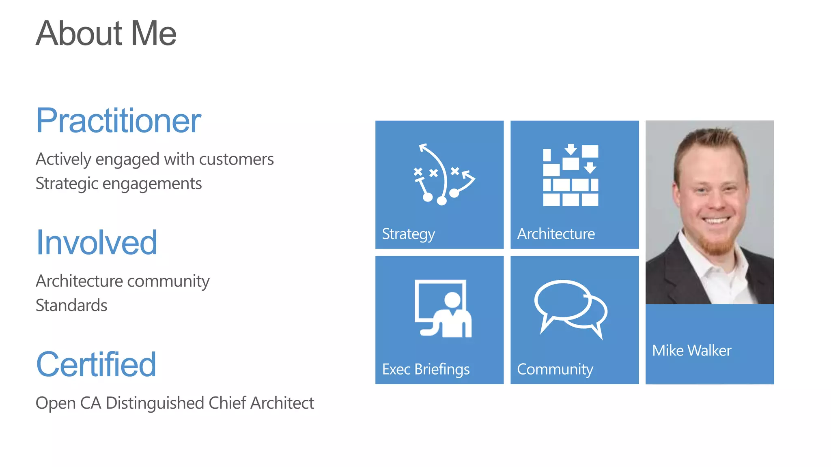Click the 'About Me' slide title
[x=106, y=33]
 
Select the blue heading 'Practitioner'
[x=118, y=120]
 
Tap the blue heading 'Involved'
[x=97, y=242]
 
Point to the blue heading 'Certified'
[x=96, y=364]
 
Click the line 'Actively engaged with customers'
[x=155, y=159]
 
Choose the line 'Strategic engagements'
[x=118, y=184]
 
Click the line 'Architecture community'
[x=123, y=281]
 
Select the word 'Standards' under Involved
[x=71, y=305]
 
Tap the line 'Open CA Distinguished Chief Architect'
[x=174, y=403]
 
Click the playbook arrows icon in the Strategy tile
[x=443, y=174]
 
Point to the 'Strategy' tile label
[x=408, y=234]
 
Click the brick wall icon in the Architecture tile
[x=571, y=175]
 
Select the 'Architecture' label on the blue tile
[x=556, y=234]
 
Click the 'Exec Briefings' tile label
[x=426, y=369]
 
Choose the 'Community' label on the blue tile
[x=555, y=369]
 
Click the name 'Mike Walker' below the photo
[x=691, y=351]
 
